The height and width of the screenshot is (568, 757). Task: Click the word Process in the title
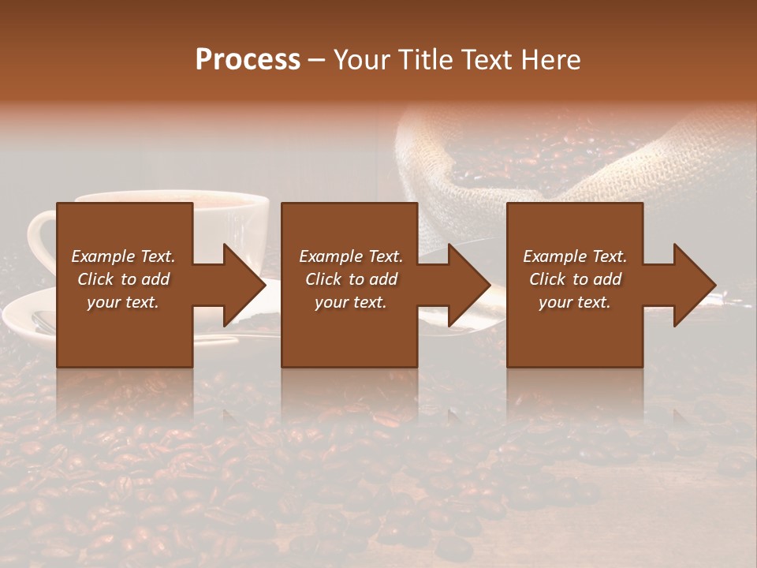(248, 60)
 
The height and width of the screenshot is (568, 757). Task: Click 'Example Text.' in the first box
(123, 256)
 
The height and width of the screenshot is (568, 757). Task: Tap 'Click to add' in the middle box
(351, 279)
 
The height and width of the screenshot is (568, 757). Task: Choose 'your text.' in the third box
(575, 302)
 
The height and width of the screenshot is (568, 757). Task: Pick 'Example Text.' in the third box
(575, 256)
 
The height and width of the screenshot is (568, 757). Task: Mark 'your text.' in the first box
(123, 302)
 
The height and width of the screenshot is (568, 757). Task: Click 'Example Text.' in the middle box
(351, 256)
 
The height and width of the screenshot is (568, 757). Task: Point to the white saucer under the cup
(24, 316)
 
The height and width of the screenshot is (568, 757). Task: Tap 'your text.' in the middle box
(351, 302)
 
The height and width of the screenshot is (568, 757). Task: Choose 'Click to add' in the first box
(123, 279)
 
